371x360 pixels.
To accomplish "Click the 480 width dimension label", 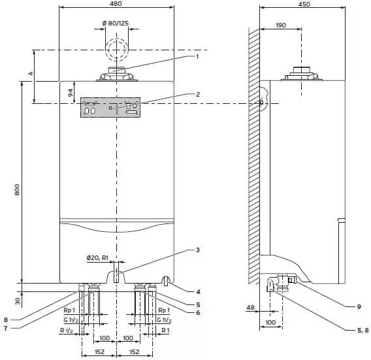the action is [x=116, y=3].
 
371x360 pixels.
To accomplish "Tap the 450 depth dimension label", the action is [x=304, y=4].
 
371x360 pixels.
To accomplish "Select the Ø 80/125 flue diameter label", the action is [x=116, y=24].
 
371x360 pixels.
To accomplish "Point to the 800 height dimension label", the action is [x=17, y=189].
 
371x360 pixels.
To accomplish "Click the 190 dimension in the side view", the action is [x=281, y=25].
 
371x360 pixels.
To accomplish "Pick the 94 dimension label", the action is [x=71, y=93].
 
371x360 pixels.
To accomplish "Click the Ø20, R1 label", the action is [x=97, y=257].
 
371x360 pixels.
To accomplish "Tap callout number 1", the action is [x=197, y=57].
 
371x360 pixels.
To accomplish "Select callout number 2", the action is [x=198, y=94].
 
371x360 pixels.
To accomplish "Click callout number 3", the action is [x=197, y=250].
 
